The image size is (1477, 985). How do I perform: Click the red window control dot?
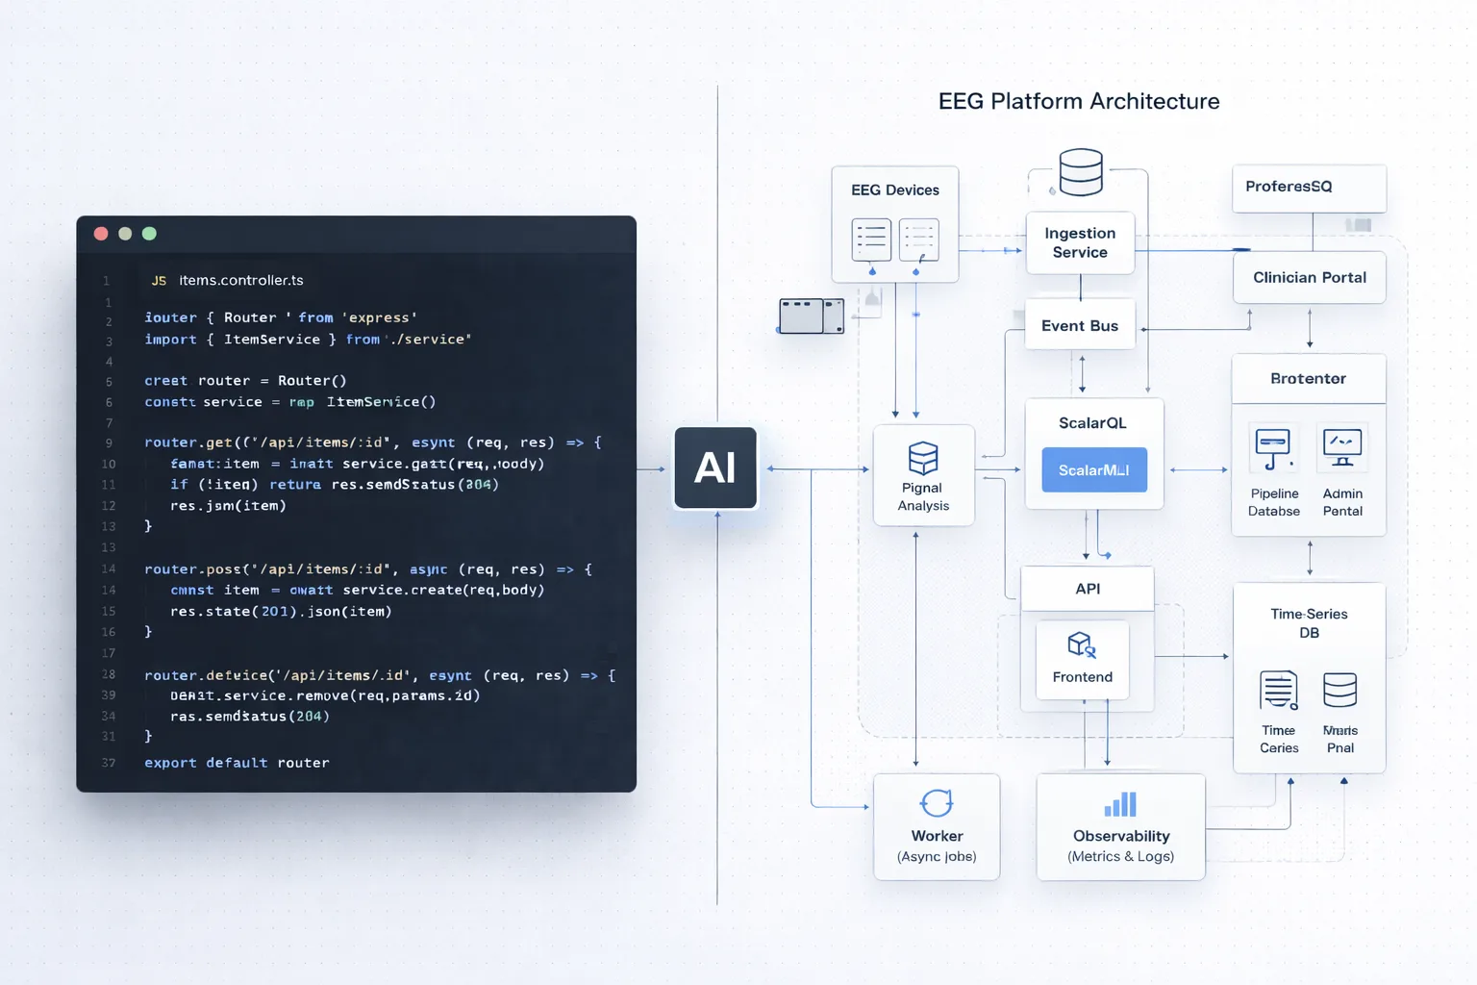coord(101,234)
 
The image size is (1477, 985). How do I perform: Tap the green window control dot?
coord(149,234)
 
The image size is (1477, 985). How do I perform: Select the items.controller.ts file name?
coord(240,281)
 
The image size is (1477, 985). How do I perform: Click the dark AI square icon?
coord(715,468)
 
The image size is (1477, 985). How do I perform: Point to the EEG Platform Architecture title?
coord(1078,101)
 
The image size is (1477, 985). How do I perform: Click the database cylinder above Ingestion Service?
coord(1081,172)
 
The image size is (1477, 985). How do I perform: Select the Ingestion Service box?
coord(1080,243)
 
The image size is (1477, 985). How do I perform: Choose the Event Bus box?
coord(1080,326)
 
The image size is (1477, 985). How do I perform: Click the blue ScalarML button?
coord(1094,470)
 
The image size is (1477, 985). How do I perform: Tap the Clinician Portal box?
coord(1309,278)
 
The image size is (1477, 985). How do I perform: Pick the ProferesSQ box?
coord(1309,187)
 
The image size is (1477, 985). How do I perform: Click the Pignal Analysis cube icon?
coord(923,458)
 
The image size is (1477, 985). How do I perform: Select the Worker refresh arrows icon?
coord(937,802)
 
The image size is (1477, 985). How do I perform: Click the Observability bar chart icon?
coord(1120,804)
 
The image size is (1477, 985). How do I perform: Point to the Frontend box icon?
coord(1082,644)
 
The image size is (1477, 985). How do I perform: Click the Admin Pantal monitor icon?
coord(1342,448)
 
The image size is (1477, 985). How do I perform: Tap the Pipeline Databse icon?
coord(1273,448)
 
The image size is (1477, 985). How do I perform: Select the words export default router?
coord(237,763)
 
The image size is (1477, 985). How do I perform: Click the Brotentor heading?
coord(1308,379)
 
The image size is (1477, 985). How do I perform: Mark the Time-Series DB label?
coord(1309,623)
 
